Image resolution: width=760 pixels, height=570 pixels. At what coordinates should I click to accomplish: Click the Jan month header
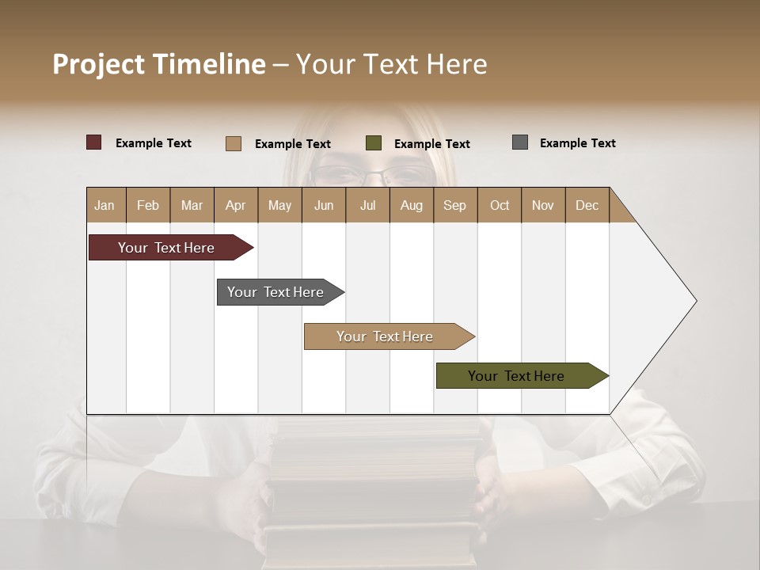pos(104,205)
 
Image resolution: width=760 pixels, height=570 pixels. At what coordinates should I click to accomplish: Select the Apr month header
pos(235,205)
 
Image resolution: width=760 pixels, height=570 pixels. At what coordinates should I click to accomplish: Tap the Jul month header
pos(367,205)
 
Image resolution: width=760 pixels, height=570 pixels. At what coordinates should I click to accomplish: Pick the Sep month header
pos(454,205)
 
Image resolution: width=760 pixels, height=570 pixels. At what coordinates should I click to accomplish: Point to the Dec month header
pos(587,205)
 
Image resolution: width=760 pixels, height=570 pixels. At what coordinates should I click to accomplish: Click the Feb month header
pos(148,205)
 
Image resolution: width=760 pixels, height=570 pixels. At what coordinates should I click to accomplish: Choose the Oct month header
pos(500,205)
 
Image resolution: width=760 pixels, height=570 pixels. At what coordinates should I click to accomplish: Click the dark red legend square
pos(94,142)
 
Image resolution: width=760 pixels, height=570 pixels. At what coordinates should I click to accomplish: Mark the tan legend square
pos(234,143)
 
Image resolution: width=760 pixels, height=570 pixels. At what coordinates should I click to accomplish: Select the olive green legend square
pos(374,143)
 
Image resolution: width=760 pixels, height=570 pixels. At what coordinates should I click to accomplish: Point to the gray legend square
pos(520,142)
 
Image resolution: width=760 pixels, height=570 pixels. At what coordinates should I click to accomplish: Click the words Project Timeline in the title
pos(159,64)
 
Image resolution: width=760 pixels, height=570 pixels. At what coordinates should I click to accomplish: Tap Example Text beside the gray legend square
pos(577,143)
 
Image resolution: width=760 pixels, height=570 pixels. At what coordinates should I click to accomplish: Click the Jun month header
pos(324,205)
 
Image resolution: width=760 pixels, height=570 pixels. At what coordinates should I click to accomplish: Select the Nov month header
pos(543,205)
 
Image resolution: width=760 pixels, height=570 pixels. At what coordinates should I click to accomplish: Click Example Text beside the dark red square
pos(154,143)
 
